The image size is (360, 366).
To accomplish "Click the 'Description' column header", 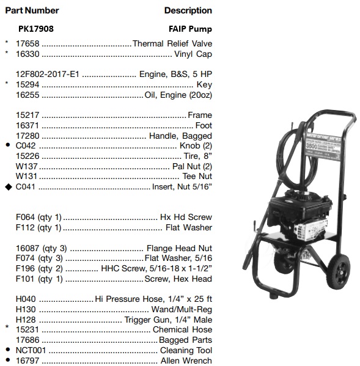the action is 188,10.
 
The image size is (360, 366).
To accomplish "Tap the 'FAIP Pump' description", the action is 190,29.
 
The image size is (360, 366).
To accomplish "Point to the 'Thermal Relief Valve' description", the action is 172,43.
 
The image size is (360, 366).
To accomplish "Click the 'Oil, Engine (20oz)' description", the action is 178,95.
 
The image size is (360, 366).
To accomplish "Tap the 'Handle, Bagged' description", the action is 180,136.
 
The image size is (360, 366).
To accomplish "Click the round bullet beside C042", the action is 7,147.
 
